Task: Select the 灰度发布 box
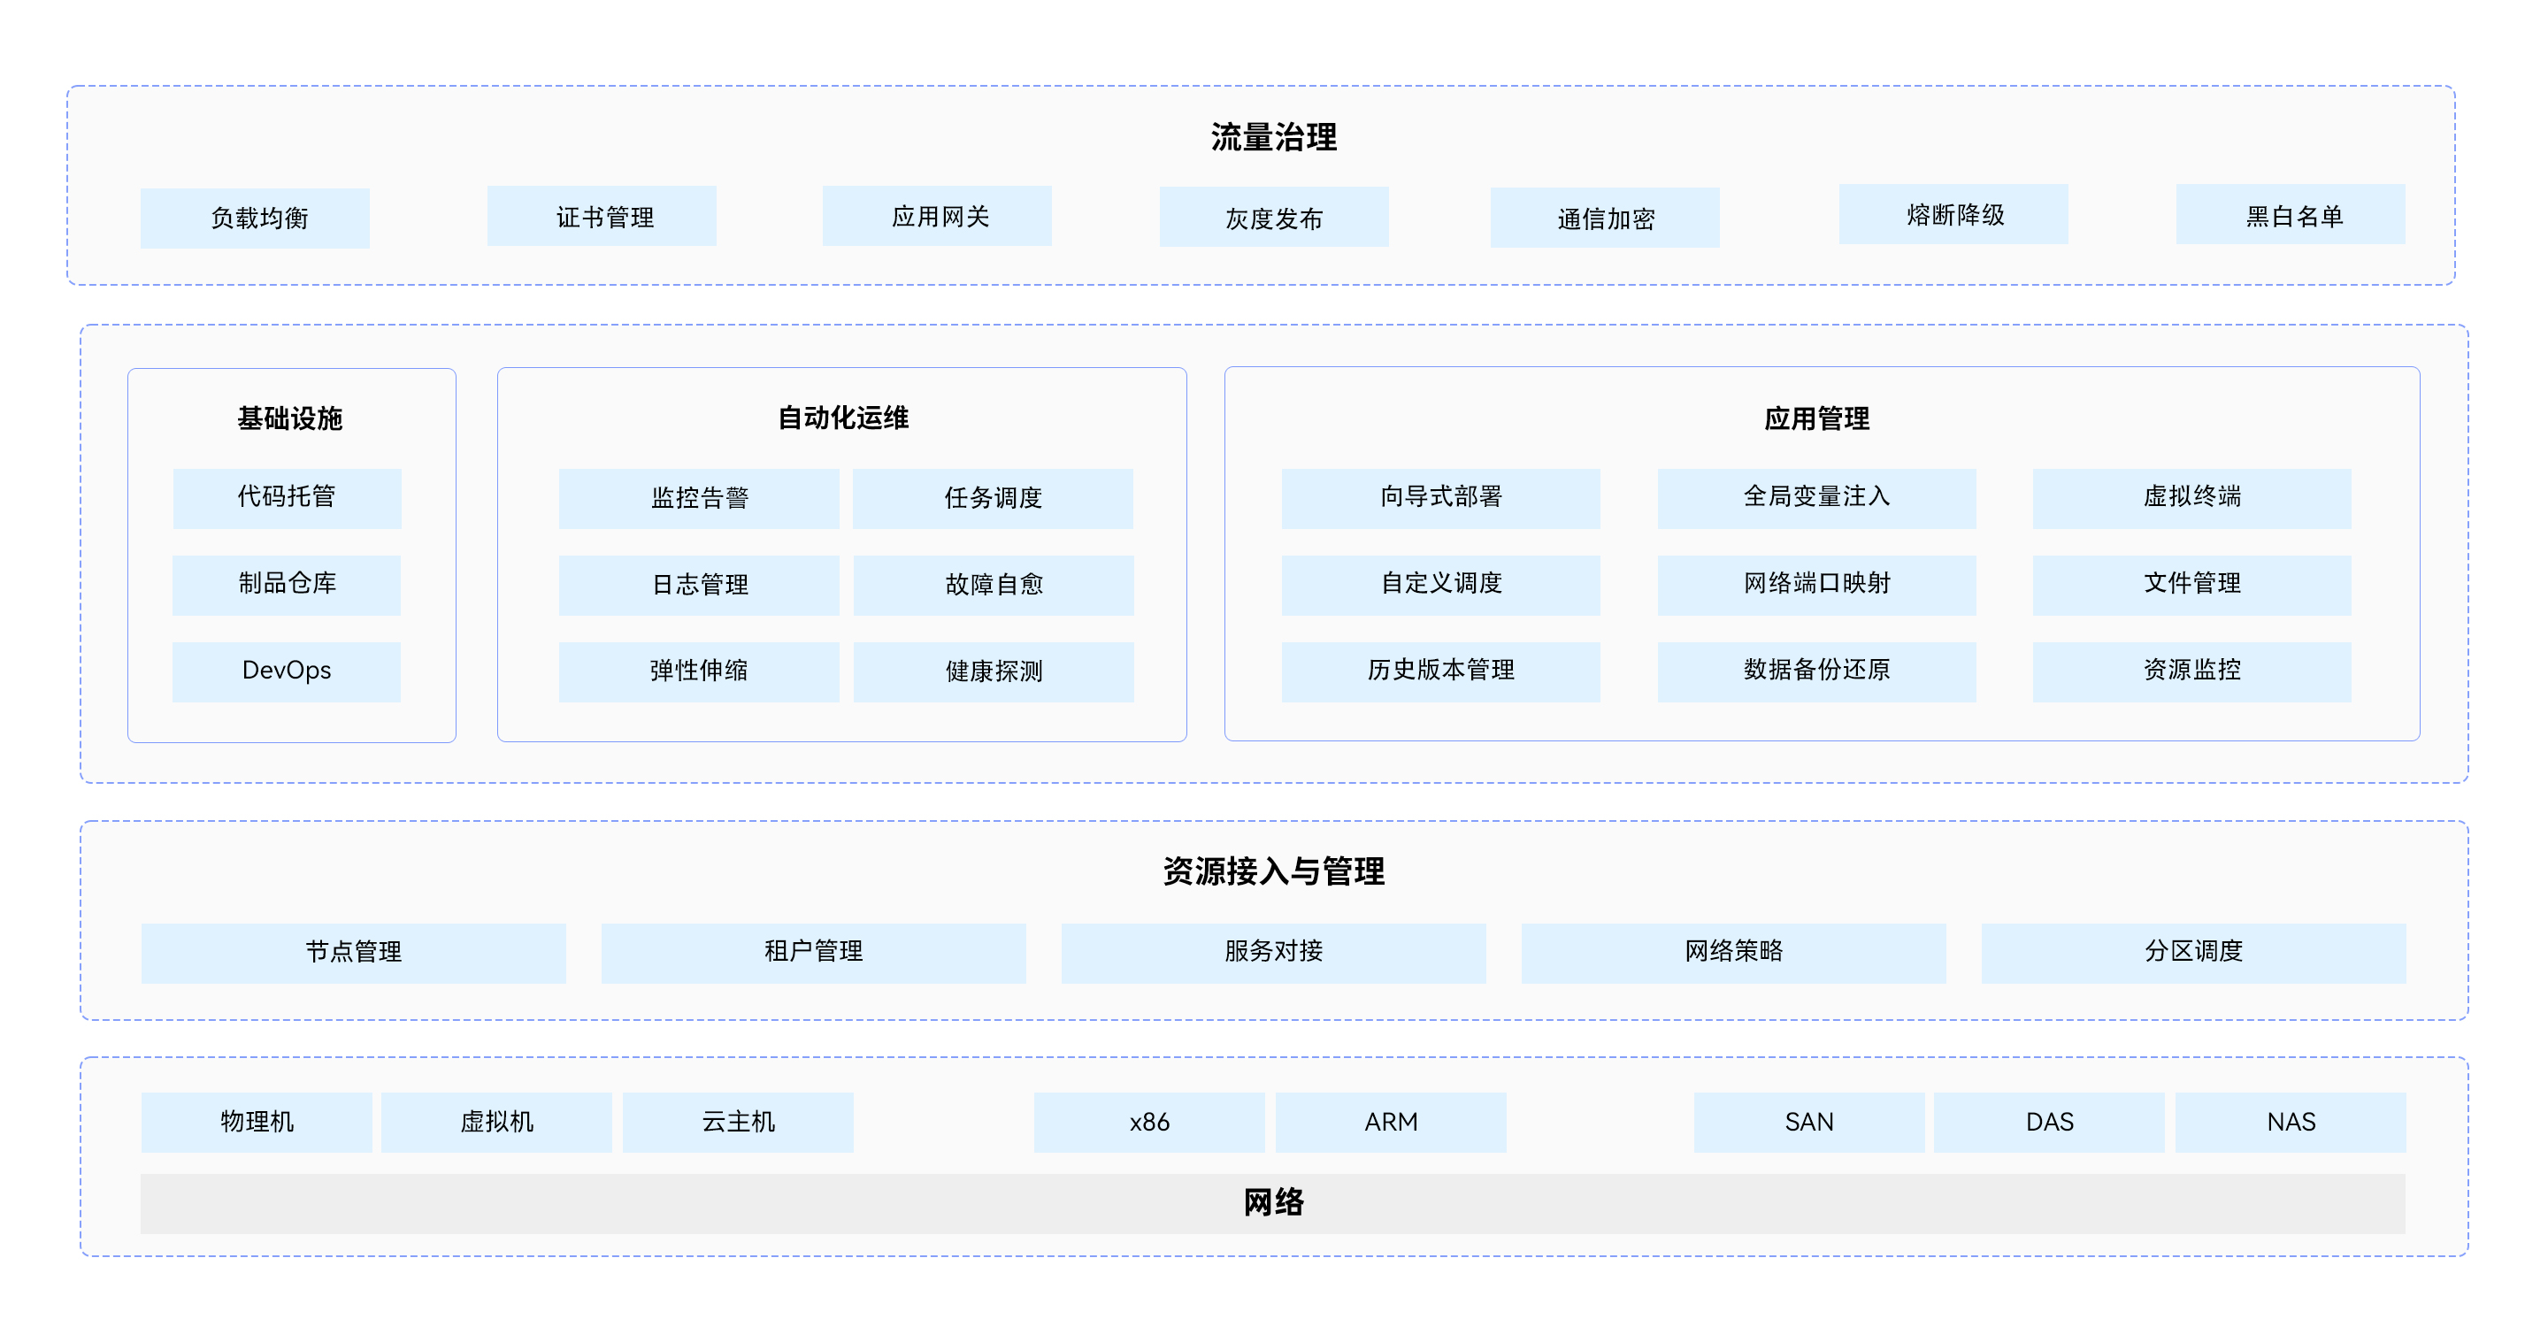tap(1273, 218)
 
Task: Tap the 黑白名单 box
tap(2290, 215)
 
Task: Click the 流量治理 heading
tap(1273, 136)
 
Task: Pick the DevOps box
tap(287, 671)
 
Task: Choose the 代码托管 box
tap(287, 497)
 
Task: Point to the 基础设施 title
tap(290, 418)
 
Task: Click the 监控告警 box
tap(698, 498)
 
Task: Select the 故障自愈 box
tap(993, 586)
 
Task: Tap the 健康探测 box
tap(993, 671)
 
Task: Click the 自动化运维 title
tap(843, 418)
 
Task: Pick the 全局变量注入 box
tap(1816, 497)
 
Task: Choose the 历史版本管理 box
tap(1440, 671)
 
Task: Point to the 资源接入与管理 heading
tap(1273, 871)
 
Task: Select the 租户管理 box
tap(813, 952)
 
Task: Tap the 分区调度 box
tap(2193, 952)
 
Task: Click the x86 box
tap(1148, 1123)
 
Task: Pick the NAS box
tap(2290, 1123)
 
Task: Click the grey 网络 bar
tap(1273, 1203)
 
